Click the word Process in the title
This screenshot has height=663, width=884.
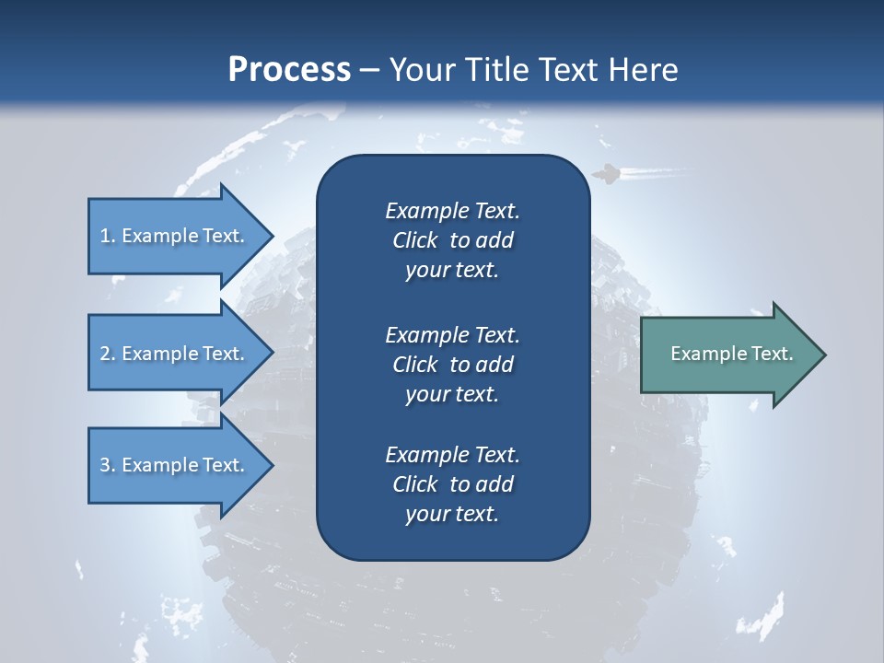pyautogui.click(x=289, y=70)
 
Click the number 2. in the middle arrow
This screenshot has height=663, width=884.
pyautogui.click(x=107, y=354)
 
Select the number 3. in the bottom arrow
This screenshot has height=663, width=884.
pyautogui.click(x=107, y=465)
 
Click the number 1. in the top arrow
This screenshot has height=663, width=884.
pyautogui.click(x=107, y=236)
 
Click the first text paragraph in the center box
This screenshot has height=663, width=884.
pyautogui.click(x=452, y=240)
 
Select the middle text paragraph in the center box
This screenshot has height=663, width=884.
pyautogui.click(x=452, y=365)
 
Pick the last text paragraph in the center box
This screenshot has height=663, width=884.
pyautogui.click(x=452, y=484)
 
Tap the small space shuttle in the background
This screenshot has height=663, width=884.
pyautogui.click(x=606, y=173)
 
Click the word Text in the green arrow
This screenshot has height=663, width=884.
pyautogui.click(x=773, y=354)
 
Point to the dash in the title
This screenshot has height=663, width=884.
pyautogui.click(x=369, y=70)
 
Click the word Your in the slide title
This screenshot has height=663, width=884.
pyautogui.click(x=419, y=70)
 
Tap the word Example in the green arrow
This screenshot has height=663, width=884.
pyautogui.click(x=710, y=354)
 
